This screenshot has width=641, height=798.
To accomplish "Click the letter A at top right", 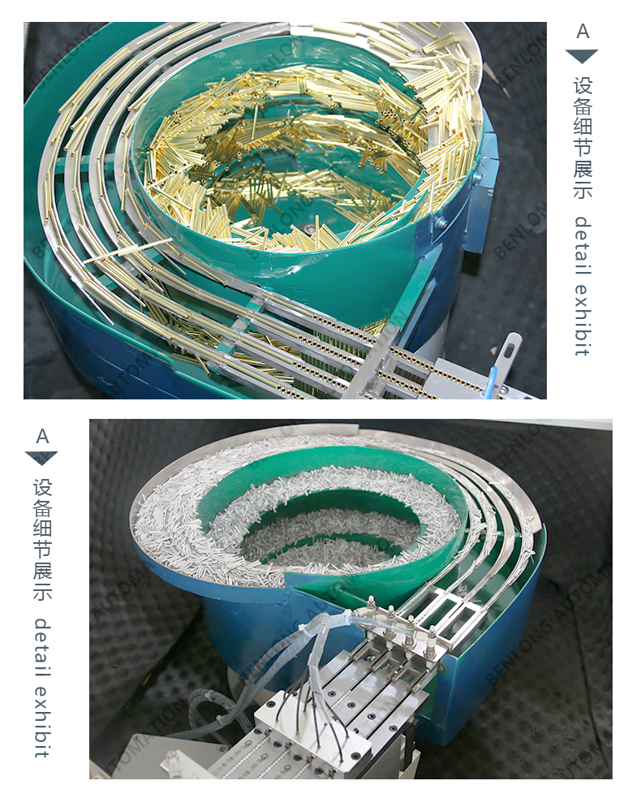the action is pyautogui.click(x=583, y=32).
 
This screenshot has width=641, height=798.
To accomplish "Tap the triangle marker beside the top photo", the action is pyautogui.click(x=582, y=56).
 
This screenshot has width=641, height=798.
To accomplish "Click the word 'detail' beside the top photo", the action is pyautogui.click(x=583, y=246).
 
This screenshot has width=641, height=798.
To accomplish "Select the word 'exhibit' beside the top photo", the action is pyautogui.click(x=583, y=320).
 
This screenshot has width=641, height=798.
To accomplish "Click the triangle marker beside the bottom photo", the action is pyautogui.click(x=41, y=458).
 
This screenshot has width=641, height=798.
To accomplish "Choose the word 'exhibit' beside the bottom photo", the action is pyautogui.click(x=43, y=721).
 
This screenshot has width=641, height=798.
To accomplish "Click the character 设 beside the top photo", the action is pyautogui.click(x=583, y=86).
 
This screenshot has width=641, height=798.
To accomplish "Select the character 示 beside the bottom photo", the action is pyautogui.click(x=43, y=591).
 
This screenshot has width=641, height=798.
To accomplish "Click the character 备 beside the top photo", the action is pyautogui.click(x=583, y=107).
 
